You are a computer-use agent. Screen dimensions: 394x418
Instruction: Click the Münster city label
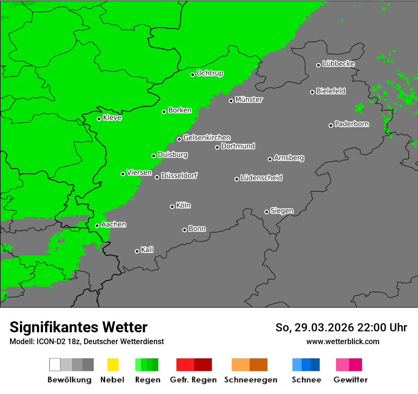point(249,100)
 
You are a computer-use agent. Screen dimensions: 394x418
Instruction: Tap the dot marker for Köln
point(172,206)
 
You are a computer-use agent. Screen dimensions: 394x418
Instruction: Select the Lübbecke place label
point(338,64)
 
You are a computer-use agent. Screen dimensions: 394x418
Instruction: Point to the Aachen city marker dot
point(97,225)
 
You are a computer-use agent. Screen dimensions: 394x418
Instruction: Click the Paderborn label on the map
point(351,124)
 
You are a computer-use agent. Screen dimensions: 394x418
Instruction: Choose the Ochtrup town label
point(210,73)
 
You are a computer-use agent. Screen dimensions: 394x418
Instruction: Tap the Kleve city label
point(112,118)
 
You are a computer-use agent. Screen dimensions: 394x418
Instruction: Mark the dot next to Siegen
point(266,212)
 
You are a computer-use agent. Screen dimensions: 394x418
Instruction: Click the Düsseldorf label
point(179,176)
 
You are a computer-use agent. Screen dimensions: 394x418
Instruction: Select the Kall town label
point(147,250)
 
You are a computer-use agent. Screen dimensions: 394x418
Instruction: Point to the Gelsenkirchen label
point(207,138)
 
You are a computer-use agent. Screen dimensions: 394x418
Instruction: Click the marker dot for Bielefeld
point(313,92)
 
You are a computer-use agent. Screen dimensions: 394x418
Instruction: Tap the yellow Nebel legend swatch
point(113,365)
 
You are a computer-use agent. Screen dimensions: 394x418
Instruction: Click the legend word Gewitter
point(351,380)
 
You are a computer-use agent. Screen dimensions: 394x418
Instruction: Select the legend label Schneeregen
point(251,380)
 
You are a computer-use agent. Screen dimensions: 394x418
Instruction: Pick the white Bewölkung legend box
point(55,365)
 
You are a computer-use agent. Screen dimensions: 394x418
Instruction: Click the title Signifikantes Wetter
point(78,327)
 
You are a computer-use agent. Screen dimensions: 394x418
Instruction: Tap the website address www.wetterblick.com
point(342,341)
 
